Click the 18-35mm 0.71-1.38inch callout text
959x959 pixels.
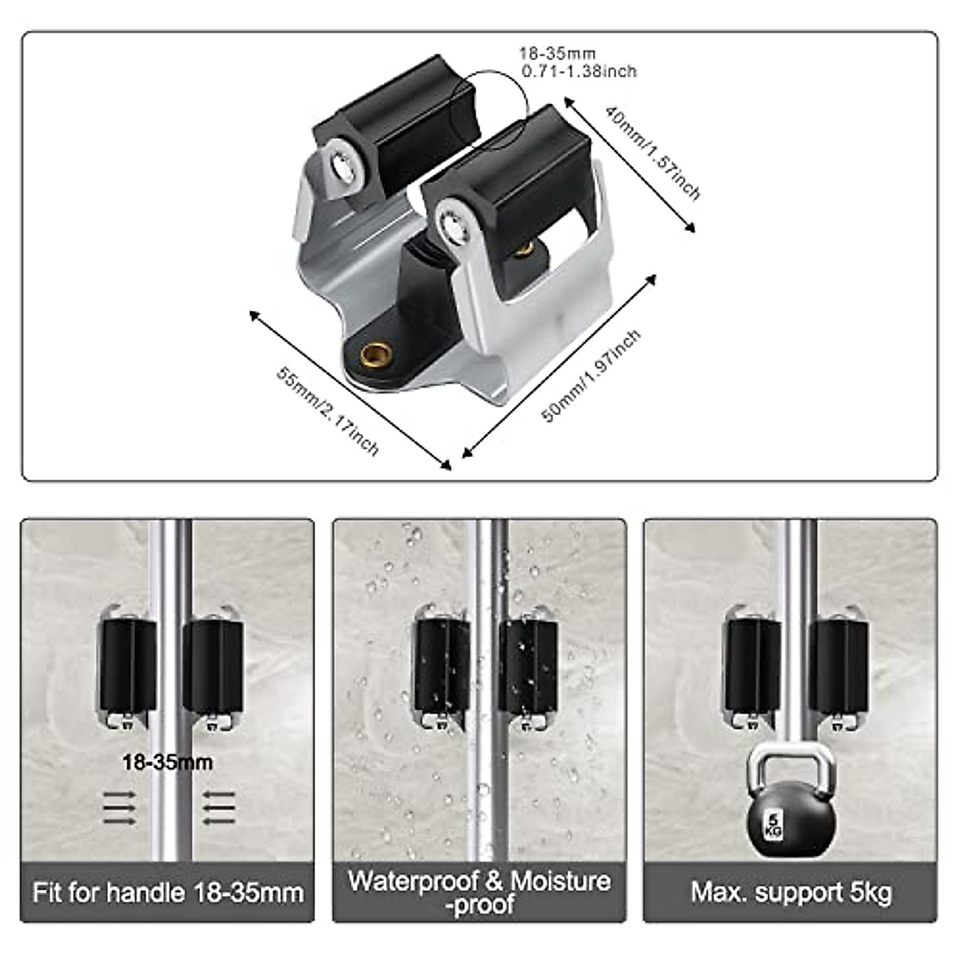(x=578, y=63)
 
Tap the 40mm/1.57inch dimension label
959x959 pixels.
(x=652, y=152)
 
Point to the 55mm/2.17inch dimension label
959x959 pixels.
(x=328, y=410)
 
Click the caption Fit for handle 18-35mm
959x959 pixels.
(x=168, y=892)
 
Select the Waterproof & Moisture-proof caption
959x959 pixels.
(x=479, y=891)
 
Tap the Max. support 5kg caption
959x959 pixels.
(x=791, y=892)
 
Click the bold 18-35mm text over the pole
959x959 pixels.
(x=168, y=762)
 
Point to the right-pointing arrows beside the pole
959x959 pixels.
(x=120, y=808)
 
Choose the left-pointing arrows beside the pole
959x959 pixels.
(x=217, y=808)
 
